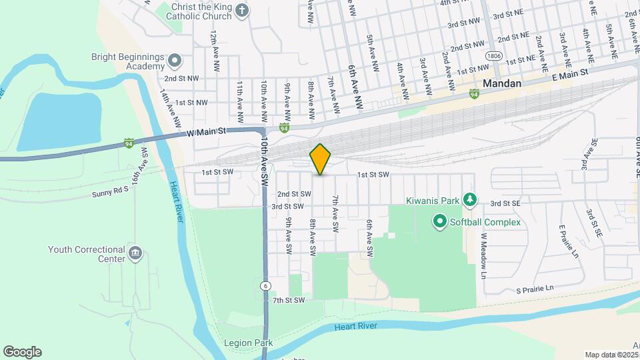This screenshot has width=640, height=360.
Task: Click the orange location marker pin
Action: click(320, 159)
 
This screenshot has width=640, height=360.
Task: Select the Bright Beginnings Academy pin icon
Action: click(175, 61)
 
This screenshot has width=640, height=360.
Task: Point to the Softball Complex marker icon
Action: click(439, 221)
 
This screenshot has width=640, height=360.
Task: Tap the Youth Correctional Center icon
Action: click(136, 253)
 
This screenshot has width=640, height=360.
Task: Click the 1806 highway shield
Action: click(493, 56)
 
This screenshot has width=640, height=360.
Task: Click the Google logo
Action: click(22, 352)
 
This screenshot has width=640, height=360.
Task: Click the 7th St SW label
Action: click(288, 301)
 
